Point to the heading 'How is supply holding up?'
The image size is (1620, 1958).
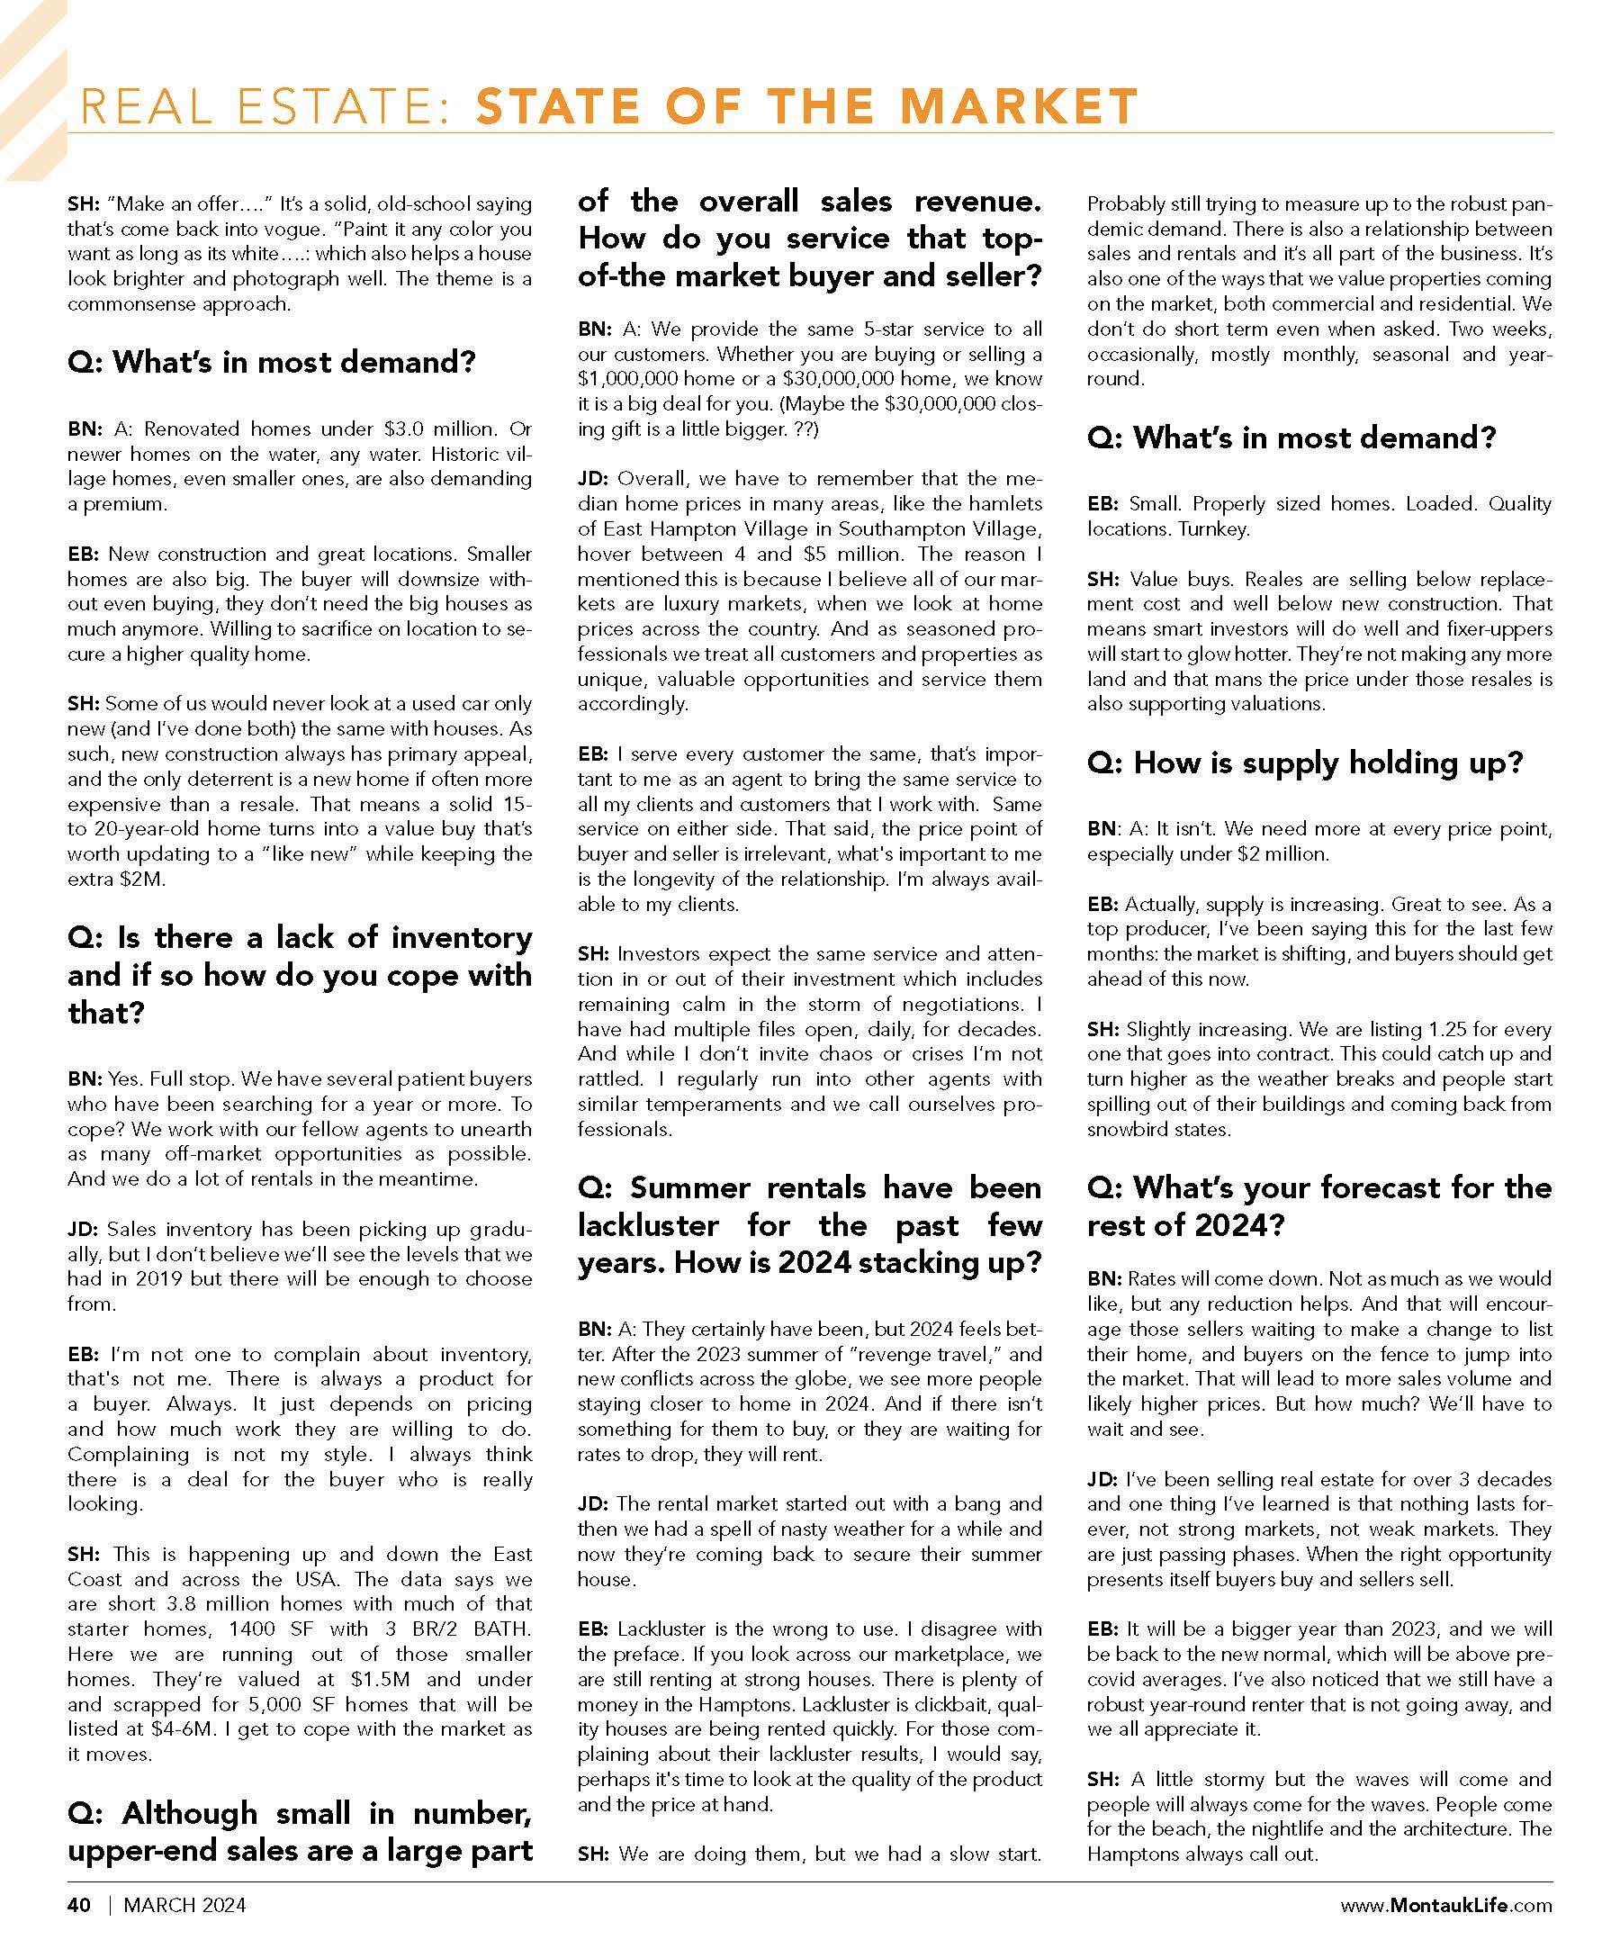[1305, 762]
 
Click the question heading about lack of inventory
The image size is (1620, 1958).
[299, 974]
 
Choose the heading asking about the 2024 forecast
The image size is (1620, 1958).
[1318, 1205]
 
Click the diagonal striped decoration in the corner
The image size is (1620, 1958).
[32, 88]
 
